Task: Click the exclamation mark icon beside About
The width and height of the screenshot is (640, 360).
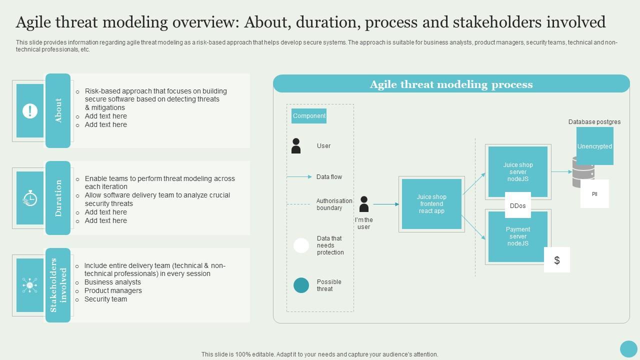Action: tap(30, 110)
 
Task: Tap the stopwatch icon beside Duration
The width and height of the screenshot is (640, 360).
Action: tap(30, 198)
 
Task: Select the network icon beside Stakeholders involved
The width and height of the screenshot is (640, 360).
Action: tap(30, 285)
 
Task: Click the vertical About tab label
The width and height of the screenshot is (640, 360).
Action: tap(58, 110)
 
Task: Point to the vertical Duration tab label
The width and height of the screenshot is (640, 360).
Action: tap(58, 198)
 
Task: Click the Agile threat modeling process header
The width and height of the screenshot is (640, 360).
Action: tap(451, 84)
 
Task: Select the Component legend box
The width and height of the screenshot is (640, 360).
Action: tap(309, 116)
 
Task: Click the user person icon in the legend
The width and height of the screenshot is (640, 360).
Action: tap(296, 146)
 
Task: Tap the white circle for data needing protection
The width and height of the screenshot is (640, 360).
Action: tap(301, 245)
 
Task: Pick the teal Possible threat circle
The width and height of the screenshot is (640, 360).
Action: tap(301, 285)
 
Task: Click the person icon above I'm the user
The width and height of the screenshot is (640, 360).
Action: tap(364, 204)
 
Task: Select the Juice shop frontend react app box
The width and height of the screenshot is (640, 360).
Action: tap(431, 204)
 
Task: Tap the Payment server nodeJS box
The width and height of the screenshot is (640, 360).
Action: tap(518, 236)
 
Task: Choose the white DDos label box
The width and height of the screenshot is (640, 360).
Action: tap(518, 205)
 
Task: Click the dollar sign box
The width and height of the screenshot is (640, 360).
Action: tap(557, 260)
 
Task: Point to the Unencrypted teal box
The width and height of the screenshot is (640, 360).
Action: tap(595, 146)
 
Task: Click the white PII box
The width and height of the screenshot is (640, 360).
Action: tap(594, 194)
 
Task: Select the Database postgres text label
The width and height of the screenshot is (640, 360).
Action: tap(594, 122)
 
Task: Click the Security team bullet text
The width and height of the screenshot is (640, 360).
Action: tap(105, 299)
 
